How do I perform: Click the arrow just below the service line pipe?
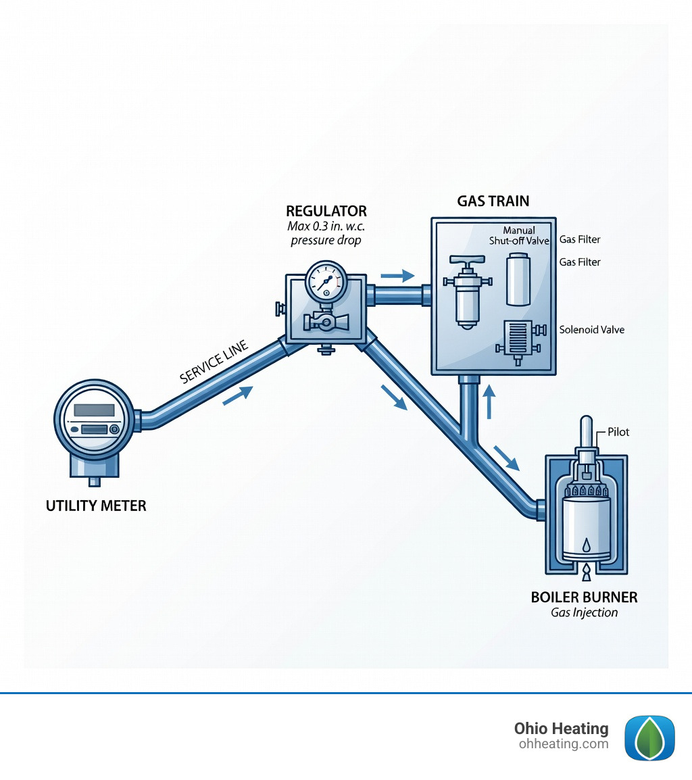click(237, 395)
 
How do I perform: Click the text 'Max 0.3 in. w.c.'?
click(326, 226)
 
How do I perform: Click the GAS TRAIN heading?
click(493, 201)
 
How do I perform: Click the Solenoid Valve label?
click(592, 330)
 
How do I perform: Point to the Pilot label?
click(618, 432)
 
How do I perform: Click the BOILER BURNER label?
click(585, 598)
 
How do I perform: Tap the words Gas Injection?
click(585, 613)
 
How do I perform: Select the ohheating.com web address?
click(563, 744)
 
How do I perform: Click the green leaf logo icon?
click(649, 737)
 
